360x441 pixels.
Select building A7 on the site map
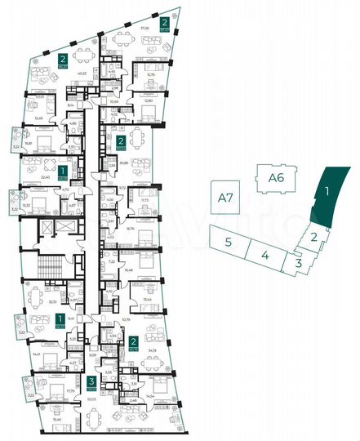pyautogui.click(x=222, y=196)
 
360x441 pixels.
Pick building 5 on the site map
pyautogui.click(x=230, y=242)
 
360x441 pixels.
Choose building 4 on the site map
pyautogui.click(x=265, y=255)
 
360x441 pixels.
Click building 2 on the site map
pyautogui.click(x=313, y=238)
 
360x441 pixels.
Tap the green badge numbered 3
pyautogui.click(x=90, y=381)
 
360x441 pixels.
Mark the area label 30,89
pyautogui.click(x=123, y=163)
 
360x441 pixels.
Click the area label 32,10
pyautogui.click(x=54, y=301)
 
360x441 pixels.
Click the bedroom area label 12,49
pyautogui.click(x=39, y=117)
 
